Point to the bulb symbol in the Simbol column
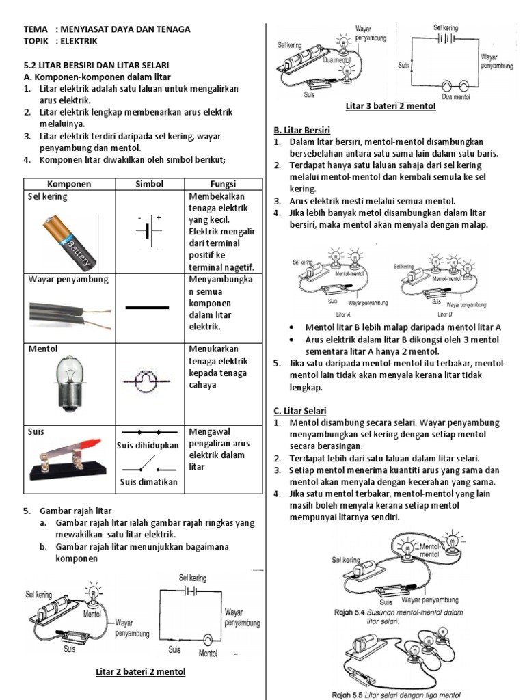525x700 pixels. pos(148,379)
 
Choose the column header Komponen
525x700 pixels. pos(69,184)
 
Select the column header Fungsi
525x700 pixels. pos(224,184)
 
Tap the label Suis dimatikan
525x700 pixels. pos(149,482)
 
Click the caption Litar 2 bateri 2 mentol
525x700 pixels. pos(140,672)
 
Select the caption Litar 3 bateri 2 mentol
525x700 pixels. pos(390,107)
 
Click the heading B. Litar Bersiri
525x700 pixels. pos(302,129)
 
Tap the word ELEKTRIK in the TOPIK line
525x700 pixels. pos(79,41)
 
